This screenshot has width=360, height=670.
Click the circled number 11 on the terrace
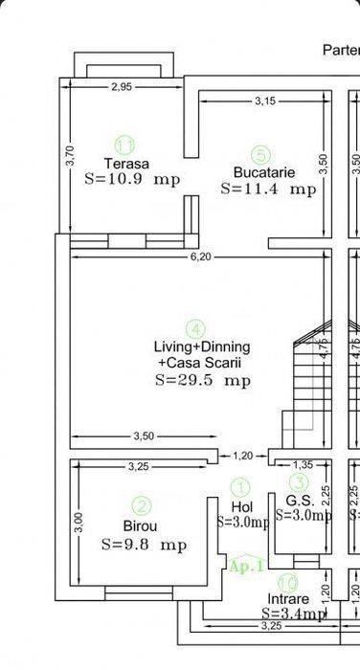[124, 145]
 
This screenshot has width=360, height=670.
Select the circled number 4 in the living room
[194, 328]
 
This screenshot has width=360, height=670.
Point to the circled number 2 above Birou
[141, 506]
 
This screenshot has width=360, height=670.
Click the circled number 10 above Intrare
[287, 581]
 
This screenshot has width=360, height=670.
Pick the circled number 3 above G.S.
[299, 483]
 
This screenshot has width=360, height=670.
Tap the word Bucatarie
[263, 172]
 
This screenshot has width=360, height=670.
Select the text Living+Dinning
[202, 346]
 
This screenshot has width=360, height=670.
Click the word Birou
[141, 525]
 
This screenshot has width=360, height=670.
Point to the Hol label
[241, 506]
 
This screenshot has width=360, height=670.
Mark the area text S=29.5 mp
[202, 380]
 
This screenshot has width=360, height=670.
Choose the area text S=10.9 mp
[132, 179]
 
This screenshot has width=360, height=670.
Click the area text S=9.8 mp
[144, 545]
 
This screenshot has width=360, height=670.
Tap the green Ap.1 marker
[244, 566]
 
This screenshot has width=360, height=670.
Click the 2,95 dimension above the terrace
[122, 87]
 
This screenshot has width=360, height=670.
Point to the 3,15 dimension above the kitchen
[265, 100]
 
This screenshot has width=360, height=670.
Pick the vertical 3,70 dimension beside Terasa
[68, 155]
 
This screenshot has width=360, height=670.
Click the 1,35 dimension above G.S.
[302, 465]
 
